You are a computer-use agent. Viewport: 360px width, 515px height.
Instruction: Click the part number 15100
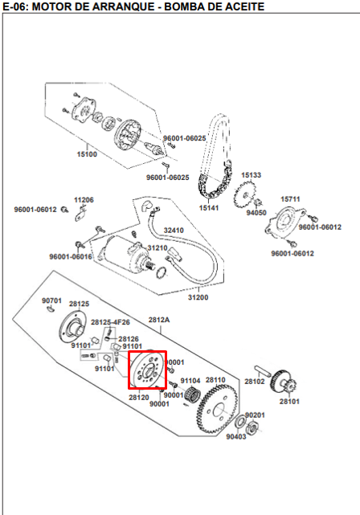click(87, 153)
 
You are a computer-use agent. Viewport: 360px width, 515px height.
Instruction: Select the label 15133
click(252, 174)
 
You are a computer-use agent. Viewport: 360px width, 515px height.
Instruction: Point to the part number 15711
click(290, 198)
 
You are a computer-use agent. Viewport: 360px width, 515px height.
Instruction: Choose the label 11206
click(84, 199)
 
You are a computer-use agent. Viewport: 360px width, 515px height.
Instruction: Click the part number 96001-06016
click(70, 257)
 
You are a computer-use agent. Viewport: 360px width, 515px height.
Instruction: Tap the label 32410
click(174, 231)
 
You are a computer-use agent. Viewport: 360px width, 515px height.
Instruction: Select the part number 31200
click(198, 298)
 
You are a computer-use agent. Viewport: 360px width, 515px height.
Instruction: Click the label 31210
click(157, 248)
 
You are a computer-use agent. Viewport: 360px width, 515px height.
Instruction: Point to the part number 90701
click(51, 300)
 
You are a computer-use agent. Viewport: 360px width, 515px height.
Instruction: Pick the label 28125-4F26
click(110, 322)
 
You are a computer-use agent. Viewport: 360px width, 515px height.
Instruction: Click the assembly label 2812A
click(158, 319)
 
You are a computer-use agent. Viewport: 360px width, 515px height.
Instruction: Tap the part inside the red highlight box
click(146, 371)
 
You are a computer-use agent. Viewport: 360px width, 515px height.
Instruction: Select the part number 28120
click(138, 397)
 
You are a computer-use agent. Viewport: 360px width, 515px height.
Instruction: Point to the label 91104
click(190, 380)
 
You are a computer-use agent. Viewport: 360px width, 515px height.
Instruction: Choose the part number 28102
click(255, 381)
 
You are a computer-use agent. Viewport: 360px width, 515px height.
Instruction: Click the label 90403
click(236, 436)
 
